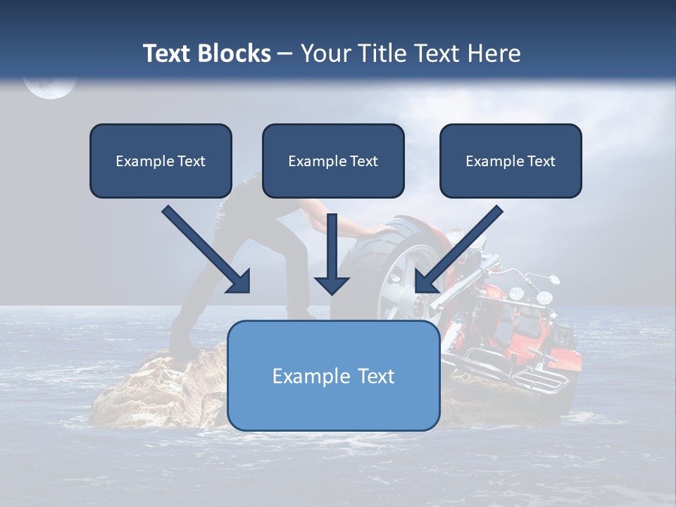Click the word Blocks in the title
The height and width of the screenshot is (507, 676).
pos(234,54)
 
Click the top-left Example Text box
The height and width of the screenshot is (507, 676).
pos(161,161)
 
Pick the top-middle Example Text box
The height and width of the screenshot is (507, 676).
pos(333,161)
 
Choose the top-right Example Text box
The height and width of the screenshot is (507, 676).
pos(511,161)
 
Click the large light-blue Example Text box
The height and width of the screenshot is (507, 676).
pos(334,375)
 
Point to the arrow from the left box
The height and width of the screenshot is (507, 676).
pos(206,249)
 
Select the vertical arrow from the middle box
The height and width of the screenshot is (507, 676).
pos(332,254)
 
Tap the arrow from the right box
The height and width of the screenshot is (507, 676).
pos(459,249)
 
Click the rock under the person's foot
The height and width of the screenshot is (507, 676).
pos(160,390)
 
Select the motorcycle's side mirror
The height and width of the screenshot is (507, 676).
pos(553,280)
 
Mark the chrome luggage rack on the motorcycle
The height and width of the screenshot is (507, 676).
pos(541,380)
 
